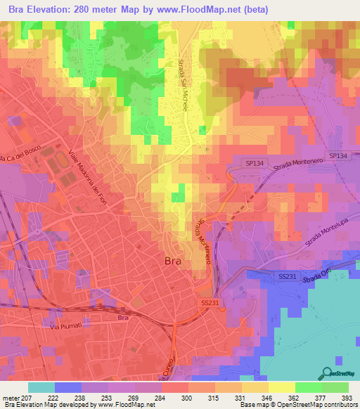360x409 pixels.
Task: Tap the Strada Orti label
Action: [317, 279]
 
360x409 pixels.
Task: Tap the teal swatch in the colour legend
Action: [41, 387]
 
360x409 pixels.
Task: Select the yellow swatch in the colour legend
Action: [282, 387]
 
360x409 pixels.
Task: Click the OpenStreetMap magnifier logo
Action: [326, 374]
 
